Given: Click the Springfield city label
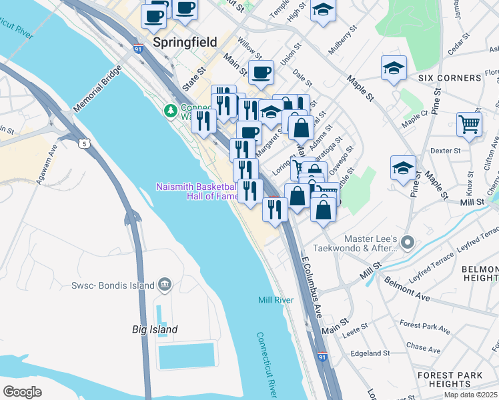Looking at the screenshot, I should point(185,42).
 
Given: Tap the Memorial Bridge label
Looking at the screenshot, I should point(98,89).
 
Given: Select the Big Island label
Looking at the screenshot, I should point(154,329).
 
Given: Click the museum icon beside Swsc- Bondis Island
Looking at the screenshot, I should point(163,286).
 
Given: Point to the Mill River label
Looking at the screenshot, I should point(276,300).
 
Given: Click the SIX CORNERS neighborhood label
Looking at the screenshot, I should point(449,78).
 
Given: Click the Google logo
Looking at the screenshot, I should point(22,391).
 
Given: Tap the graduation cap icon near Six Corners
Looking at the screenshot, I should point(394,67).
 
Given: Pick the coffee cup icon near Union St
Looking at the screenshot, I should point(262,71).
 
